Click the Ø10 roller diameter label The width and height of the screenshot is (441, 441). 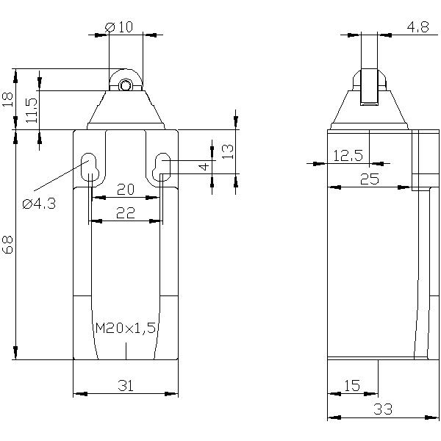click(x=118, y=27)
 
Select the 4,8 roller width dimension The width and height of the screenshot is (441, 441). click(x=418, y=27)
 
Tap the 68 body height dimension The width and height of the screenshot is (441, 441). click(x=8, y=245)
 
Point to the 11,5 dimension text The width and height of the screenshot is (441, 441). click(x=32, y=110)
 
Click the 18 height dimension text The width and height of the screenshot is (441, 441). click(x=8, y=99)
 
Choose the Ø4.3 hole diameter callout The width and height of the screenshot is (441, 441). click(x=39, y=204)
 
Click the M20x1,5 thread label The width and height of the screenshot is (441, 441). click(x=126, y=328)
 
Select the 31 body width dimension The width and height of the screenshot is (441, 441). click(x=126, y=386)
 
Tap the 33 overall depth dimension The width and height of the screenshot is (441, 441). click(x=383, y=409)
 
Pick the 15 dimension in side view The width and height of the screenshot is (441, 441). click(x=352, y=386)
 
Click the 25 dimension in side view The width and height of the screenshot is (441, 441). click(x=370, y=179)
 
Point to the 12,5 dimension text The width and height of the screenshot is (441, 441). click(x=348, y=156)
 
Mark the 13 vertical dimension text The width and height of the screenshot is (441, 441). click(x=228, y=151)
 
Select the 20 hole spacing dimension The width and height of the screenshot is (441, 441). click(x=126, y=190)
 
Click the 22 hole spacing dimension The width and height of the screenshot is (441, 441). click(x=126, y=213)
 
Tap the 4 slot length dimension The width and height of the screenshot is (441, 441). click(x=204, y=167)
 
